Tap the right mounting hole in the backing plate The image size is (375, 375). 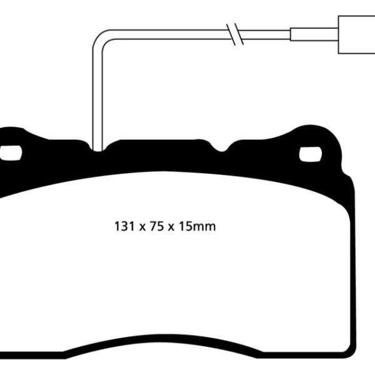click(309, 154)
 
